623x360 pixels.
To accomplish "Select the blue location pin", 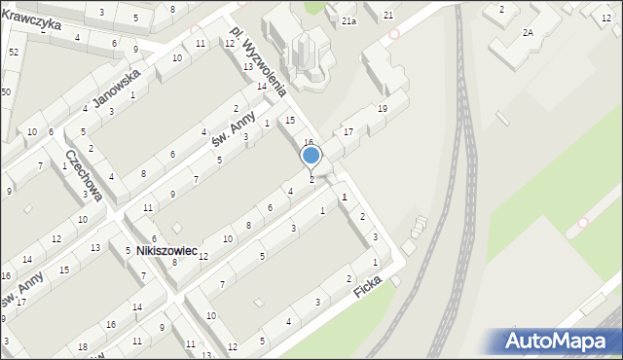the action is click(x=311, y=157).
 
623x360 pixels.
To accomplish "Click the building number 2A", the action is click(x=528, y=32).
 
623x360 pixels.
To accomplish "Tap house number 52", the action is click(x=13, y=51).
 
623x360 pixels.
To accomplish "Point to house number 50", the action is click(x=6, y=91).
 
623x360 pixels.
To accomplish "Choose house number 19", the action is click(x=383, y=108).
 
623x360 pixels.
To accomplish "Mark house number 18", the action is click(x=83, y=347).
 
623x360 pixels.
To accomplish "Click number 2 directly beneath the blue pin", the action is click(x=311, y=179).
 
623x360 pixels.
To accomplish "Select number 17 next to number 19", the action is click(x=348, y=131).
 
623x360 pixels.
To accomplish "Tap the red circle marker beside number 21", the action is click(x=393, y=32).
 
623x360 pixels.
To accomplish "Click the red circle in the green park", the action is click(x=582, y=222).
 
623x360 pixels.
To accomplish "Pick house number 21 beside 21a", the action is click(x=387, y=15).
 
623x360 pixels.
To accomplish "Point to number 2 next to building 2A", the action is click(x=501, y=9).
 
